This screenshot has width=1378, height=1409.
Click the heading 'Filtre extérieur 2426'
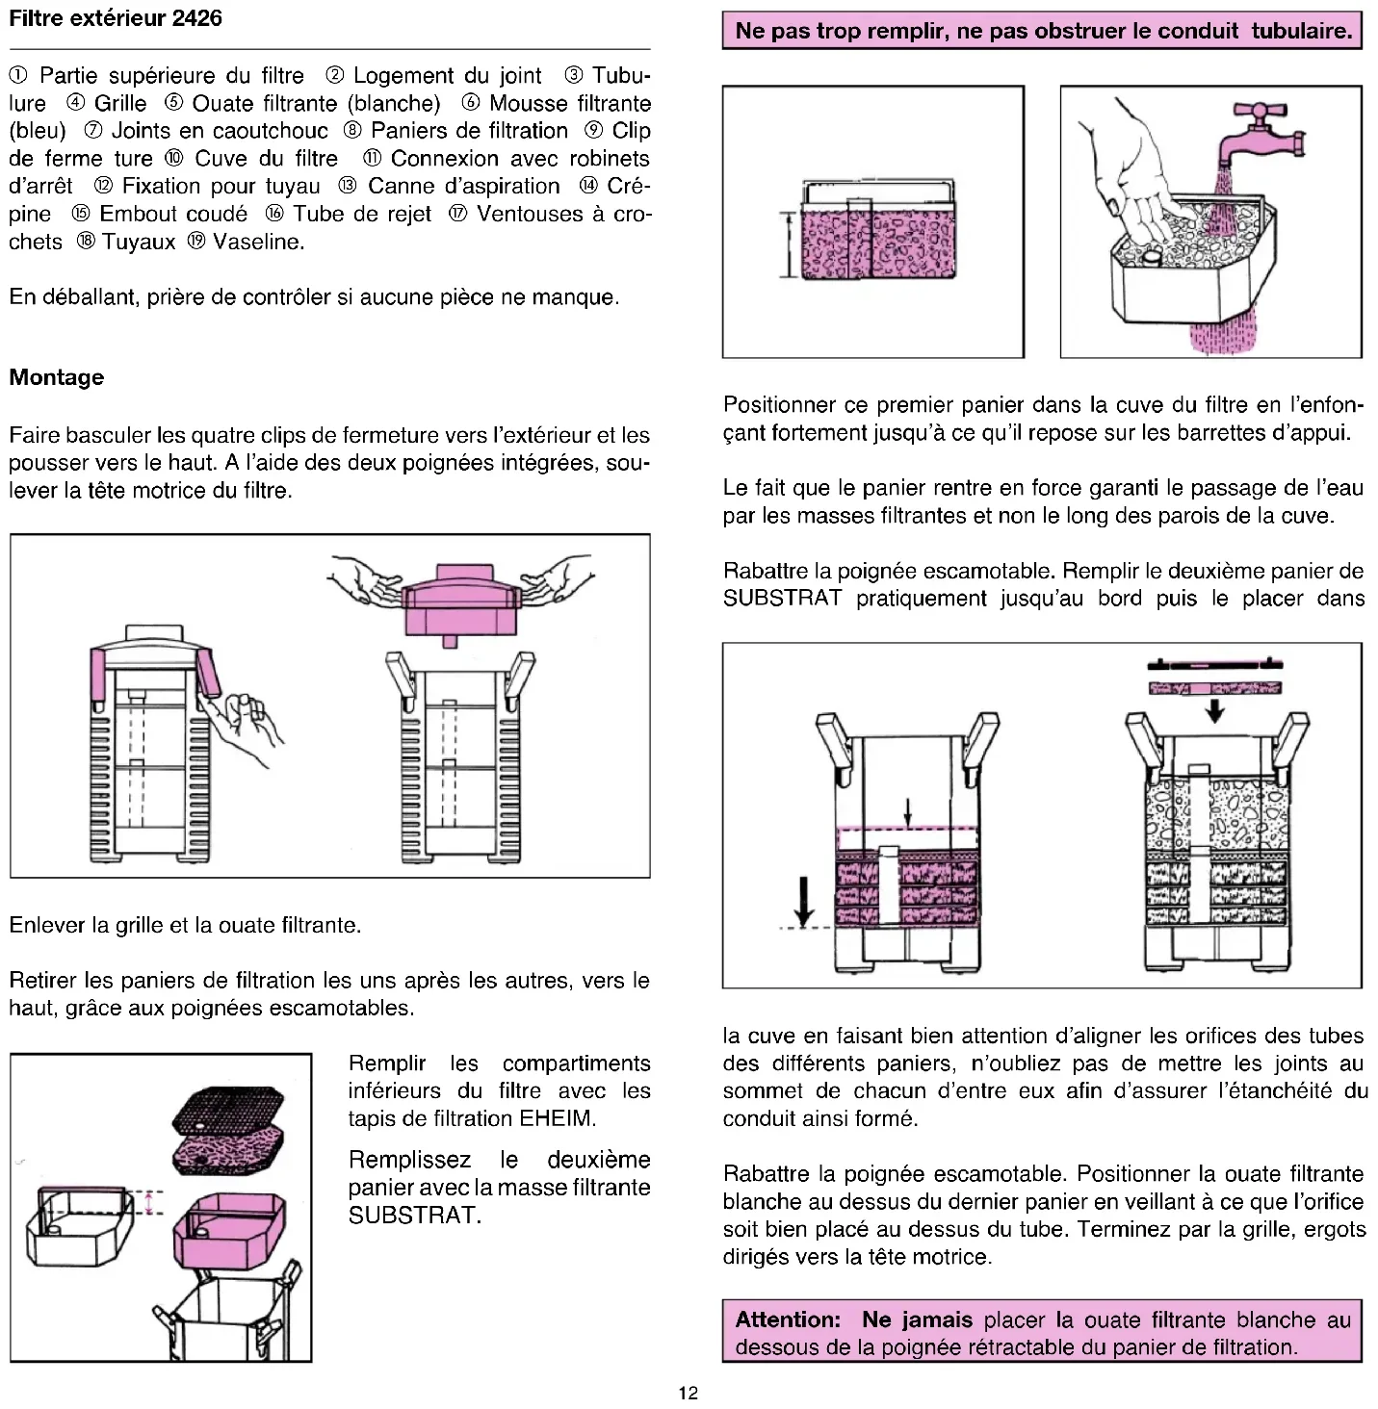tap(116, 18)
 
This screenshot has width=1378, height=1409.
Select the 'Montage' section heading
tap(57, 377)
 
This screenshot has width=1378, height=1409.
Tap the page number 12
tap(688, 1393)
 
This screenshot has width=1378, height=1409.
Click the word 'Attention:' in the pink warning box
tap(788, 1320)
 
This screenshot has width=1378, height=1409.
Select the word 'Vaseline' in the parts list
tap(257, 242)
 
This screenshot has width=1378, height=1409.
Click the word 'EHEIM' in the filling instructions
tap(558, 1118)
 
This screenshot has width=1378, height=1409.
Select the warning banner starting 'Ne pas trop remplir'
tap(1043, 30)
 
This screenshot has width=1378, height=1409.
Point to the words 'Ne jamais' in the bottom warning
tap(917, 1320)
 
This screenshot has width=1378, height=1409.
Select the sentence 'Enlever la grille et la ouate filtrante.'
tap(185, 926)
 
